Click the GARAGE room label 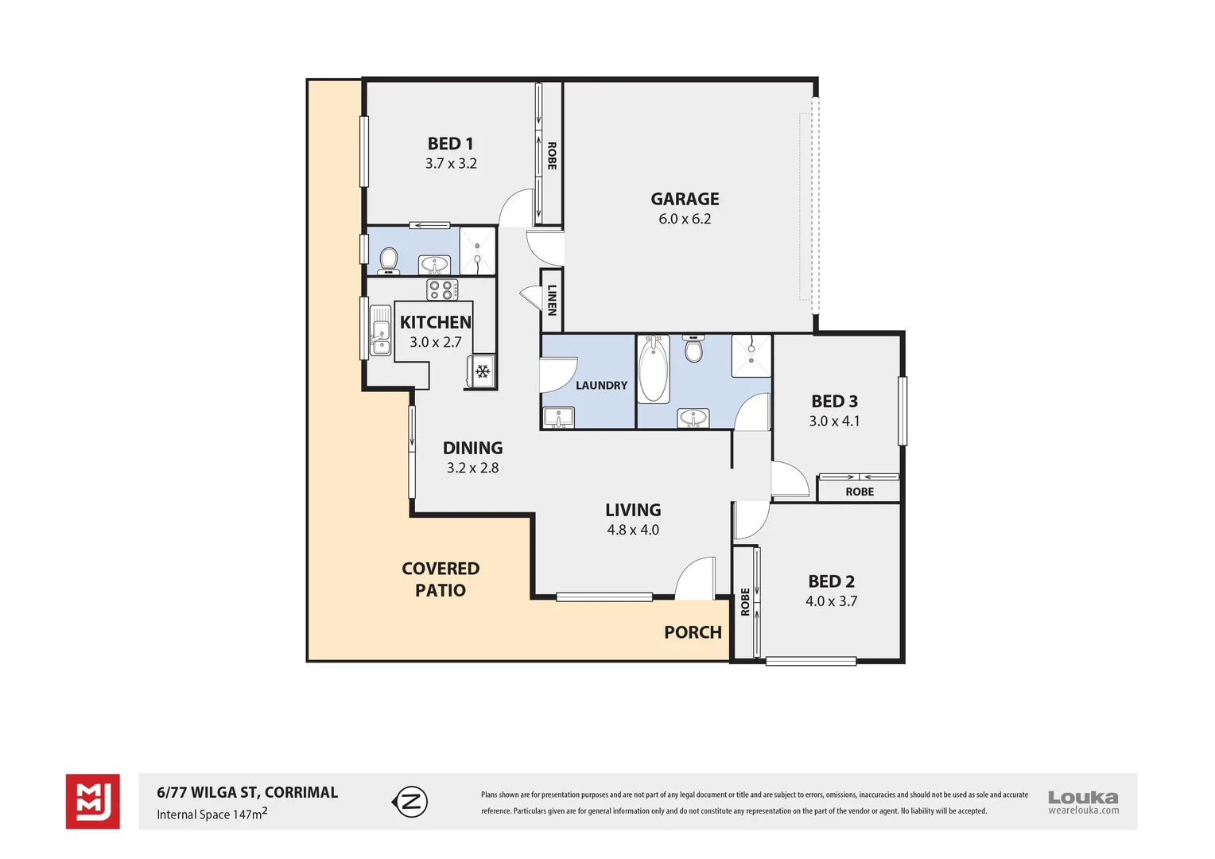tap(685, 199)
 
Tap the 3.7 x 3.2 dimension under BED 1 tap(451, 164)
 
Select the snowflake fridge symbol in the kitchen tap(482, 371)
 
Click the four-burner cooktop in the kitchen tap(442, 290)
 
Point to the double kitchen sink tap(381, 331)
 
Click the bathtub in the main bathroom tap(654, 369)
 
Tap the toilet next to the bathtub tap(694, 348)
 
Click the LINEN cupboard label tap(552, 300)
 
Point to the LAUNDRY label tap(601, 386)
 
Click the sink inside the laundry tap(559, 417)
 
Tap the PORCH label tap(693, 632)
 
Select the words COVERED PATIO tap(441, 579)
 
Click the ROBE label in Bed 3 tap(860, 492)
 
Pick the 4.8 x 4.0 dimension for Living tap(633, 531)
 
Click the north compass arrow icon tap(410, 802)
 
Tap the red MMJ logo tap(93, 802)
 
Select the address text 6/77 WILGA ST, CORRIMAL tap(247, 792)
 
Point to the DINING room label tap(472, 449)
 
